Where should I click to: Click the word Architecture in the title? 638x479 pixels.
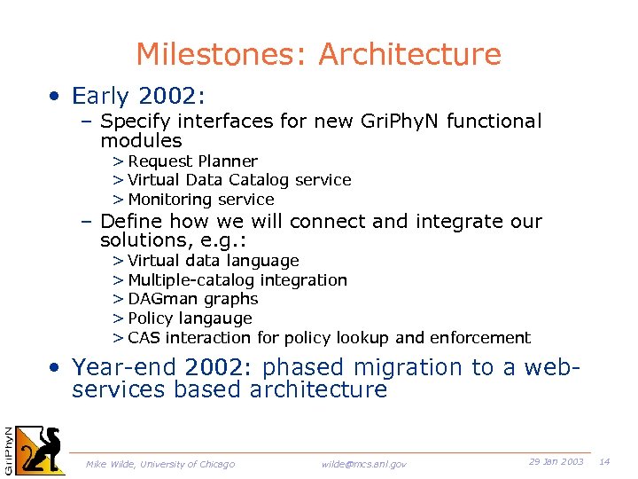coord(409,55)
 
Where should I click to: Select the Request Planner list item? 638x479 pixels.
coord(192,161)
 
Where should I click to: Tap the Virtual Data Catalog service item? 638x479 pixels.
coord(239,180)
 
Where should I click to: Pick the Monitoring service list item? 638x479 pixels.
coord(201,200)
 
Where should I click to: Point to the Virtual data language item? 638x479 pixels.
coord(213,261)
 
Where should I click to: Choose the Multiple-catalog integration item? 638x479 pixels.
coord(237,280)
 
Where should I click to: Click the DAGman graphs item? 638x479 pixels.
coord(192,300)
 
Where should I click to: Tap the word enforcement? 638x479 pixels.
coord(479,338)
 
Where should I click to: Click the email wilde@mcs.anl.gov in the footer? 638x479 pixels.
coord(364,464)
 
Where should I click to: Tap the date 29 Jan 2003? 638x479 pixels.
coord(556,462)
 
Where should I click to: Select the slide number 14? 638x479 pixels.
coord(605,462)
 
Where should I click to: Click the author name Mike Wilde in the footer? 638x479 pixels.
coord(109,464)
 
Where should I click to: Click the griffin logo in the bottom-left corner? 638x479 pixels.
coord(41,449)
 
